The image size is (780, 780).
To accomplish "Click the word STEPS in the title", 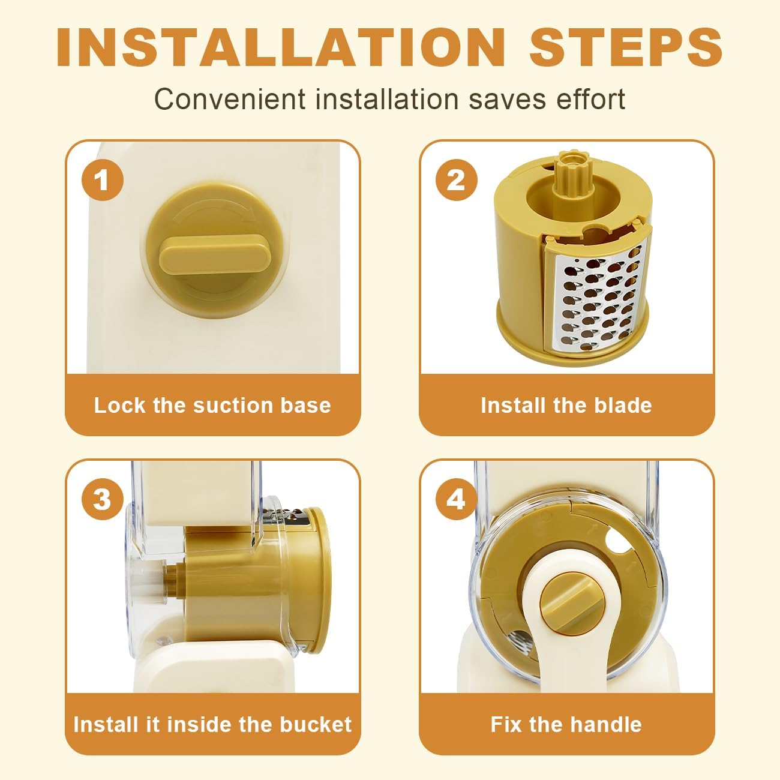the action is pyautogui.click(x=626, y=47).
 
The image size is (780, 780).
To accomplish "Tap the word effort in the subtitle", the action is pyautogui.click(x=591, y=99).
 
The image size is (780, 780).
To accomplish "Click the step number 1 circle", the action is pyautogui.click(x=103, y=180).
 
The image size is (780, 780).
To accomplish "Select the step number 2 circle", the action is pyautogui.click(x=457, y=180).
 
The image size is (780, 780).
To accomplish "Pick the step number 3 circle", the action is pyautogui.click(x=103, y=499).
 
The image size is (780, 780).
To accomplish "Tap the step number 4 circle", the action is pyautogui.click(x=457, y=499).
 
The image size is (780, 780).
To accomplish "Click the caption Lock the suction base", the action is pyautogui.click(x=212, y=405).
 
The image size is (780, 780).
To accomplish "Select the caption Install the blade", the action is pyautogui.click(x=566, y=405).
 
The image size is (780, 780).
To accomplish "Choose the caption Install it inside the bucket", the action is pyautogui.click(x=212, y=725).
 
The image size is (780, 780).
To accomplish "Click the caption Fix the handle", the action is pyautogui.click(x=566, y=725).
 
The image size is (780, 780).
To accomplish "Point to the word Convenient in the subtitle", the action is pyautogui.click(x=230, y=99).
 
